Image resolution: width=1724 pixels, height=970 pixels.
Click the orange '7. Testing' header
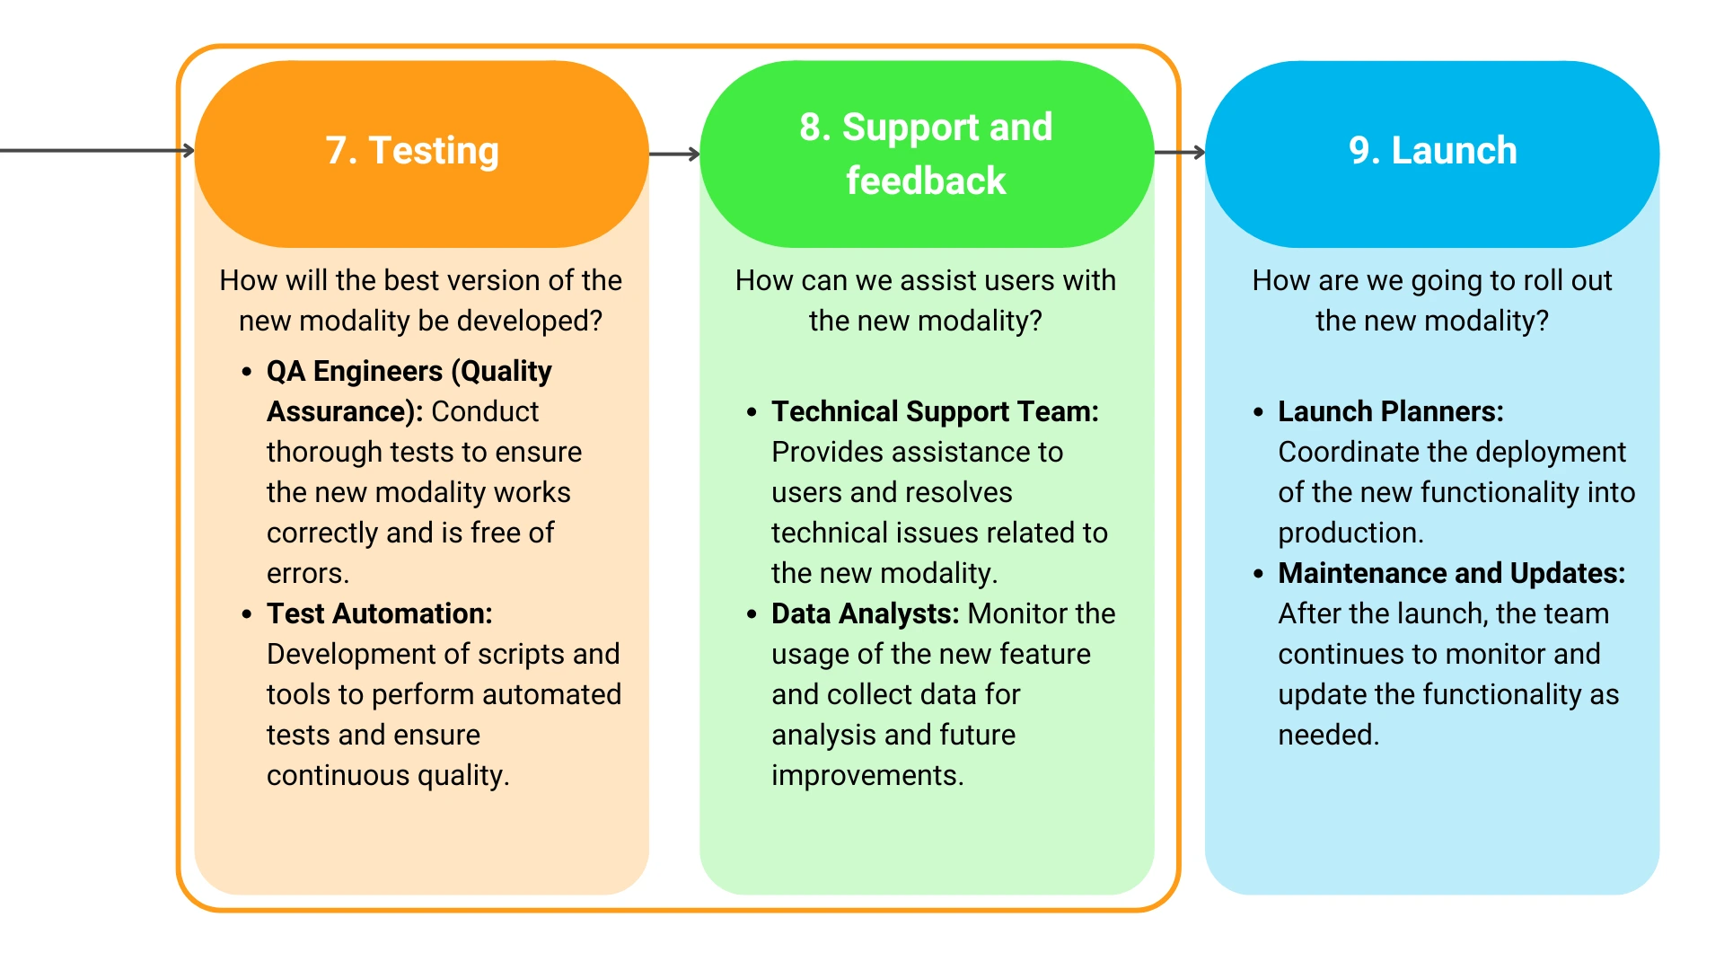coord(421,154)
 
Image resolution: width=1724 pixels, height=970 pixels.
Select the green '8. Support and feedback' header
coord(927,154)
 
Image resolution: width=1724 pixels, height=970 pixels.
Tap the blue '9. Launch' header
coord(1432,154)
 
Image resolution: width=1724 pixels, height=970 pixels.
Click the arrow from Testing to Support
coord(674,154)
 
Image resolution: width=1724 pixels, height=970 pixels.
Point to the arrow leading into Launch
coord(1180,153)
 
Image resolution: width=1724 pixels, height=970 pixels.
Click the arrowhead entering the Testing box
coord(189,150)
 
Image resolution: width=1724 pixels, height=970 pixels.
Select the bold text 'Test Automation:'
coord(380,613)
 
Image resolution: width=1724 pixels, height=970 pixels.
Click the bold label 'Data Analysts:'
coord(866,613)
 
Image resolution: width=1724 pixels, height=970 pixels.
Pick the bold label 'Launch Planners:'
coord(1391,411)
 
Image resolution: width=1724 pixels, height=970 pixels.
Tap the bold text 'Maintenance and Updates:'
coord(1452,573)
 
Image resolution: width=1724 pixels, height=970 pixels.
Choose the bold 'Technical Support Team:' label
coord(936,411)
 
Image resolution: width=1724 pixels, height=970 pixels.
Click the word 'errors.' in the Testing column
coord(308,573)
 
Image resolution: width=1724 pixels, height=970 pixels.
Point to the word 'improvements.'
coord(867,775)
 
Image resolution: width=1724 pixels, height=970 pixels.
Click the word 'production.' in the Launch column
coord(1350,533)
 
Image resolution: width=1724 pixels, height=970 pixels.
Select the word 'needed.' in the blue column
coord(1328,735)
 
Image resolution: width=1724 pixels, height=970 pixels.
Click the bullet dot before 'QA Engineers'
coord(247,372)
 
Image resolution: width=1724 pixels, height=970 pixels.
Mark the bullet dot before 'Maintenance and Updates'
coord(1258,574)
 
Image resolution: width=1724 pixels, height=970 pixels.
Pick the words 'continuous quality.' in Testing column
coord(388,775)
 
